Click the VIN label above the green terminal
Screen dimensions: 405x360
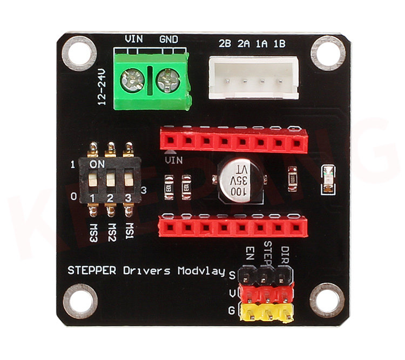point(133,39)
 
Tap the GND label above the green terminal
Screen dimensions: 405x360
point(168,39)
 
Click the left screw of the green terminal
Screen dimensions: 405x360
point(132,81)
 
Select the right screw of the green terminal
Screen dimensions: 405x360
point(167,82)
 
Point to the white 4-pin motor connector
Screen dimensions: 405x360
point(253,78)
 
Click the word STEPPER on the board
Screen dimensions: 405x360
point(91,270)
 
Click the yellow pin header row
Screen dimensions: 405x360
point(267,313)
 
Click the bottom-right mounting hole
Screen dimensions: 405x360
point(327,301)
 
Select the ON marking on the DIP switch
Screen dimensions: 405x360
point(98,164)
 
